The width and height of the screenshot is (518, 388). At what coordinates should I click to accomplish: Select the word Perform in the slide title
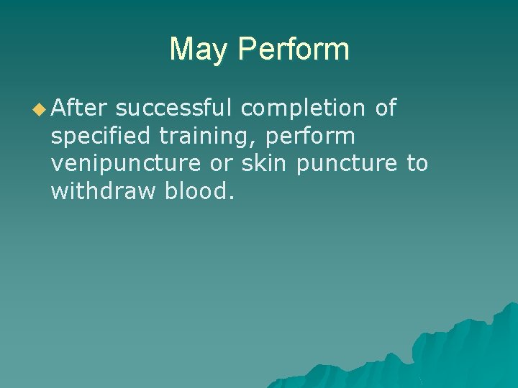pos(293,50)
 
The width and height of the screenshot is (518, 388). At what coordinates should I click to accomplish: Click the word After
pos(79,108)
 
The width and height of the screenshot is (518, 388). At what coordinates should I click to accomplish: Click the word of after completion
pos(386,108)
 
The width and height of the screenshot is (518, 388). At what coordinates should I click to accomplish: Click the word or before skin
pos(222,164)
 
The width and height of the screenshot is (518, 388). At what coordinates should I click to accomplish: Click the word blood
pos(196,191)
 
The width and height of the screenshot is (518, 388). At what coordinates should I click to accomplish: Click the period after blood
pos(231,198)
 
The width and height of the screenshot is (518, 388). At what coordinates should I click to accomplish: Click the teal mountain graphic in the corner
pos(460,352)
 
